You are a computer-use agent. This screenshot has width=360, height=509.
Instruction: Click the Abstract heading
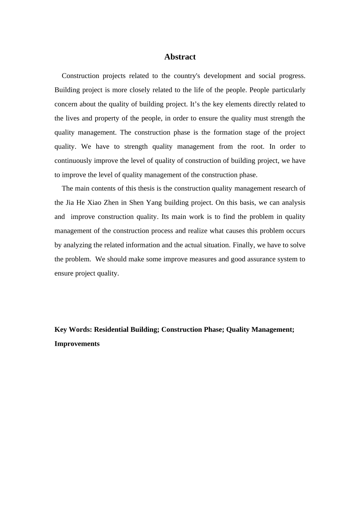[180, 57]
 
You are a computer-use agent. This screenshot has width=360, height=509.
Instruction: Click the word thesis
[139, 189]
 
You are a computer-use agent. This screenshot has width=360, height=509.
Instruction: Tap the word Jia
[70, 203]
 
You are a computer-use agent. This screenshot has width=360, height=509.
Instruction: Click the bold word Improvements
[77, 344]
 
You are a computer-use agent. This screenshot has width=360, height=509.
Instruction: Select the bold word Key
[61, 329]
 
